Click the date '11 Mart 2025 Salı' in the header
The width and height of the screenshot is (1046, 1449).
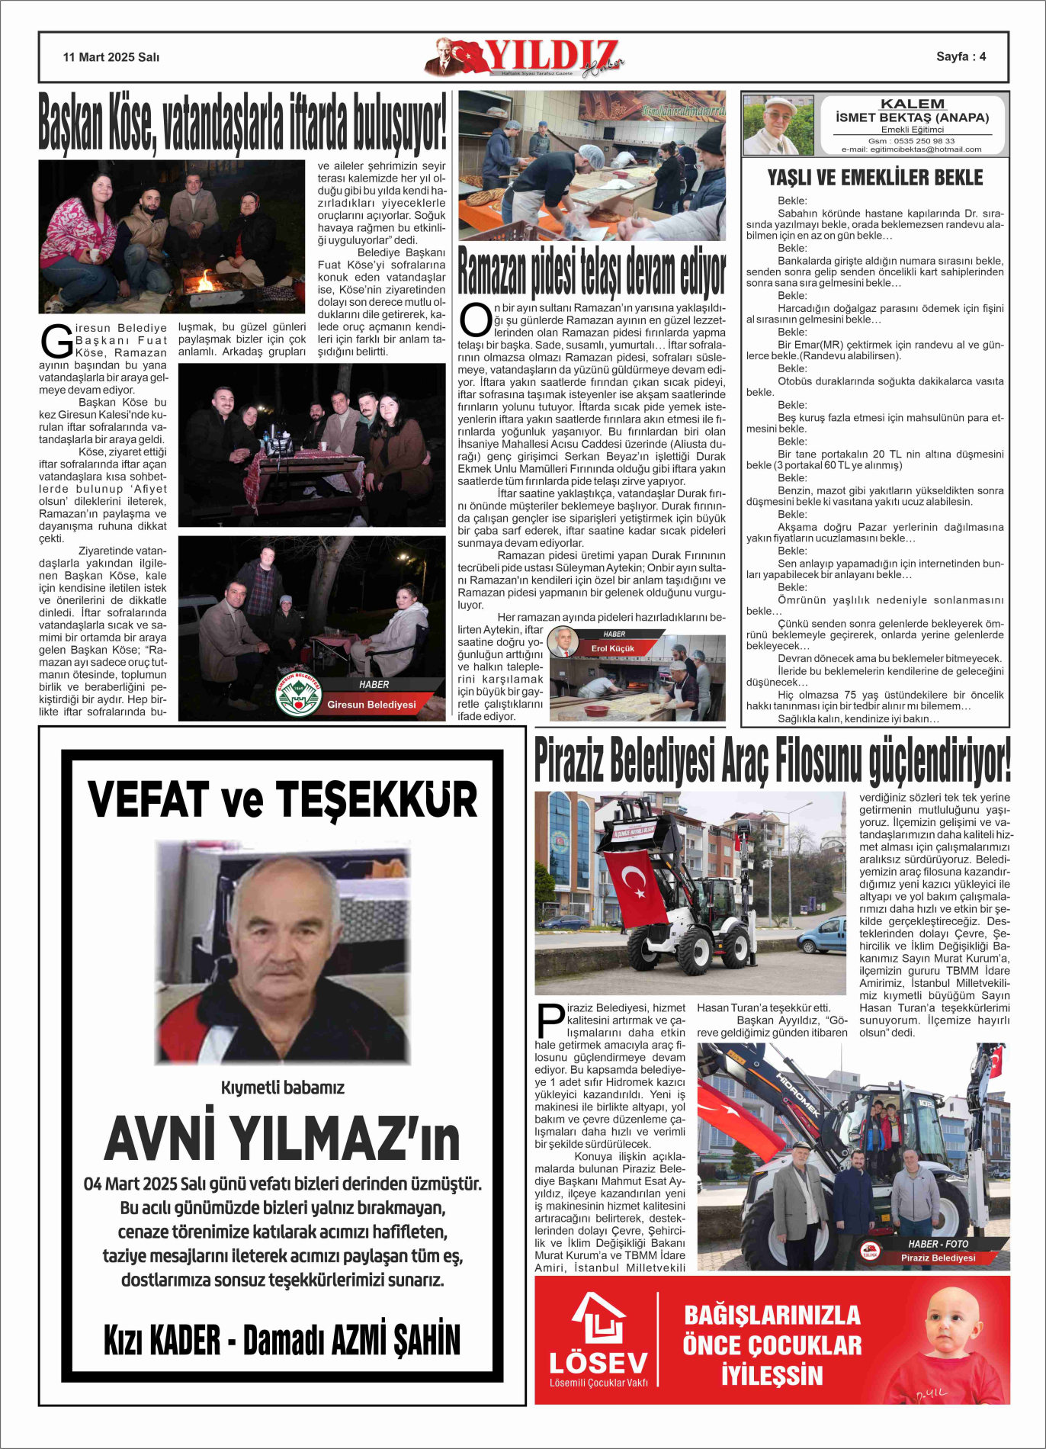tap(111, 57)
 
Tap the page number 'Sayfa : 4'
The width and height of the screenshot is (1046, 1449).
tap(961, 56)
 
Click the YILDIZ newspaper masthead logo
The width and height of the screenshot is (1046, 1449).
tap(526, 56)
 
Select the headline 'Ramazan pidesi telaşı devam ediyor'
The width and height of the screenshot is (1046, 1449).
tap(592, 272)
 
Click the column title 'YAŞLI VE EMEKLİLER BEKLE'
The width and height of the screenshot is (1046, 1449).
tap(875, 178)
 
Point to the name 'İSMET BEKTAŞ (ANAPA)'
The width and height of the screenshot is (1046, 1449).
tap(912, 117)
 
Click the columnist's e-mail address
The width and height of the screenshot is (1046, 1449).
tap(912, 149)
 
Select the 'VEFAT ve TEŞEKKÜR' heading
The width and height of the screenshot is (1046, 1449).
tap(283, 799)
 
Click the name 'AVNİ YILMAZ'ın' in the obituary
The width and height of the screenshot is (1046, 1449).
tap(282, 1139)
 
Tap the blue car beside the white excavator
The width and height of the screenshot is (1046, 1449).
tap(823, 936)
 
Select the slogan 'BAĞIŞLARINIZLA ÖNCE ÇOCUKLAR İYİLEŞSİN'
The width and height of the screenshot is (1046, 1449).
tap(772, 1345)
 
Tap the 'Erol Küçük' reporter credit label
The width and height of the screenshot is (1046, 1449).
tap(613, 648)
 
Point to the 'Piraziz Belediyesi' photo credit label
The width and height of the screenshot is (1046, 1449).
tap(938, 1258)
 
